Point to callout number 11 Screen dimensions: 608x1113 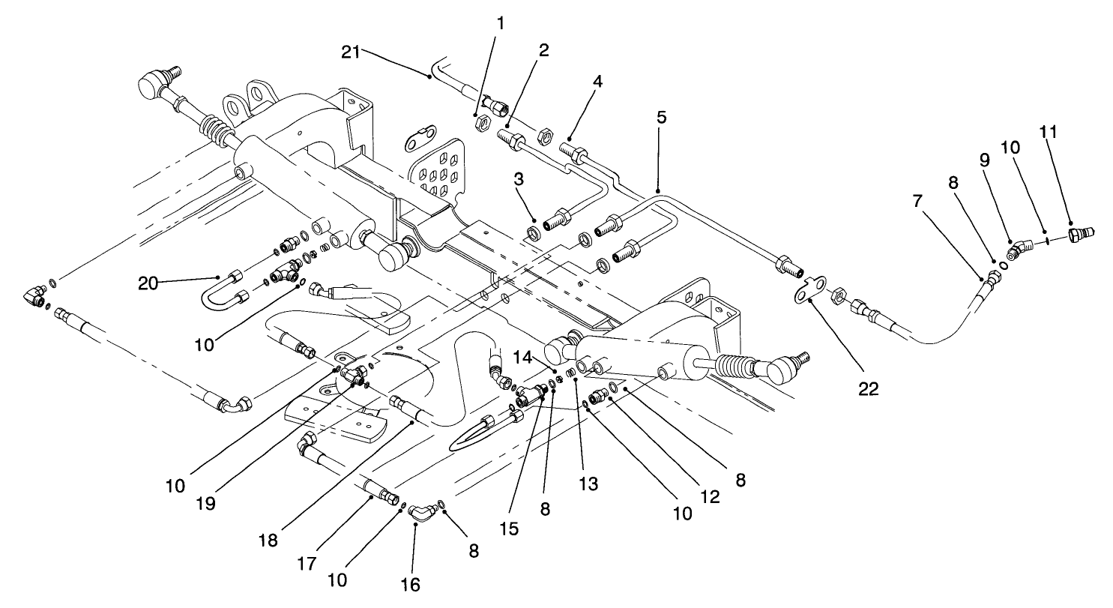(x=1070, y=132)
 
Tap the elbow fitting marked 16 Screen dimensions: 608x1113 (x=423, y=512)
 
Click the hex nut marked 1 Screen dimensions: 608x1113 (x=483, y=121)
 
